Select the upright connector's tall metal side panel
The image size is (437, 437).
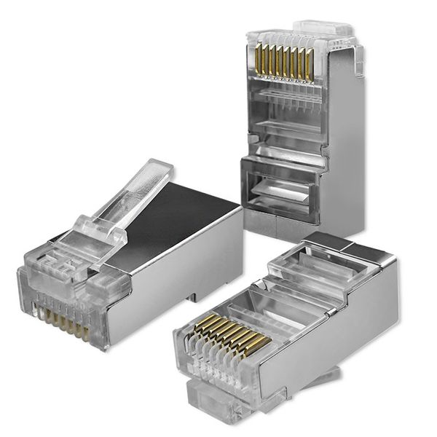342,146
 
